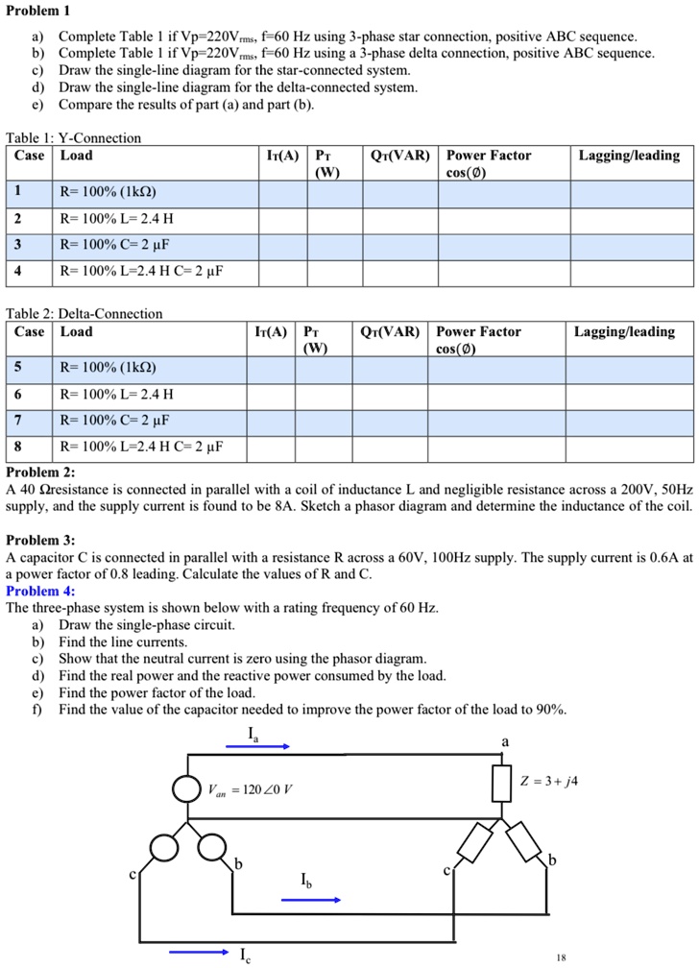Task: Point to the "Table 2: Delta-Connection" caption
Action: tap(84, 314)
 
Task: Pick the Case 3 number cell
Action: tap(17, 244)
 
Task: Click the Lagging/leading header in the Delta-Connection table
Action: tap(624, 332)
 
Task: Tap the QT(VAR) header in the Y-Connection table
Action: tap(400, 156)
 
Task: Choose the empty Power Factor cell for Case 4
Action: tap(505, 272)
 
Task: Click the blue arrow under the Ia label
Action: tap(258, 745)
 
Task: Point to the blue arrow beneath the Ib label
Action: tap(311, 900)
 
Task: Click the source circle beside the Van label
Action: tap(186, 788)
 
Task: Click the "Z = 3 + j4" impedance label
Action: tap(546, 781)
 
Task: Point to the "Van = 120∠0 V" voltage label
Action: tap(251, 789)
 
